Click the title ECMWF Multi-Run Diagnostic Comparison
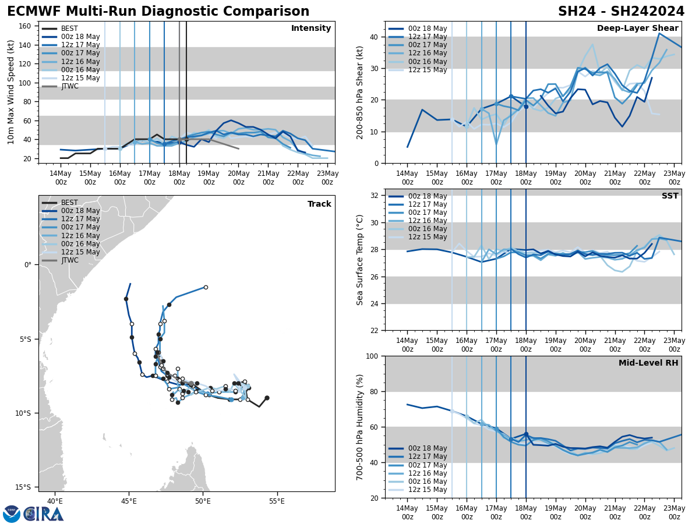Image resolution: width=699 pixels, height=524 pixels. (158, 12)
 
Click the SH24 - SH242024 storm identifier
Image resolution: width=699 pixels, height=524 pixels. (621, 12)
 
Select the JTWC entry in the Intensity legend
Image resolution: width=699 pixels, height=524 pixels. (69, 86)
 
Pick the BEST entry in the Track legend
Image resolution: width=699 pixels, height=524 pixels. (69, 203)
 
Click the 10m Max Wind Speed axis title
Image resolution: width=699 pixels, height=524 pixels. (11, 92)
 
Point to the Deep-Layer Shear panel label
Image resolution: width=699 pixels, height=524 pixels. (637, 29)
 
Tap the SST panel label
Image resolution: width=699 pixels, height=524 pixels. (670, 196)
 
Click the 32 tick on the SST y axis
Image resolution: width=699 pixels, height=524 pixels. (375, 196)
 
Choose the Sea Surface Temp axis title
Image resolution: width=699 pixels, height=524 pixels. (361, 260)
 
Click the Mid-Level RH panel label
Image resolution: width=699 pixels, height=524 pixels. (648, 363)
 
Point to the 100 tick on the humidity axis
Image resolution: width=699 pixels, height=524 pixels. (372, 356)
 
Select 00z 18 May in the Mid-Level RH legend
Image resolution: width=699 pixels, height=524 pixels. (427, 448)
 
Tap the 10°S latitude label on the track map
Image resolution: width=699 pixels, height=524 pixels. (24, 413)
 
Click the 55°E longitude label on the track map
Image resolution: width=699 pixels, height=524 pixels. (277, 501)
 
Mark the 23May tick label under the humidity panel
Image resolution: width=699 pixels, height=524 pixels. (674, 512)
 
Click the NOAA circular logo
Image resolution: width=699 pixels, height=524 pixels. (12, 514)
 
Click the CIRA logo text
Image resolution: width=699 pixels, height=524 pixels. (44, 514)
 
